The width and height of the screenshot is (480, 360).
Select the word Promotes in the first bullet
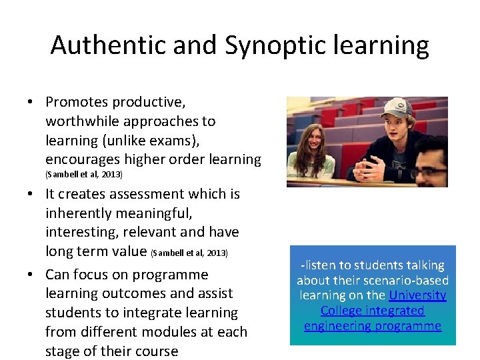(76, 102)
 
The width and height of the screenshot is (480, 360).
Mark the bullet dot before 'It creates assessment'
(31, 195)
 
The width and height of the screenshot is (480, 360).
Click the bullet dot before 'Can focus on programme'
(31, 275)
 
